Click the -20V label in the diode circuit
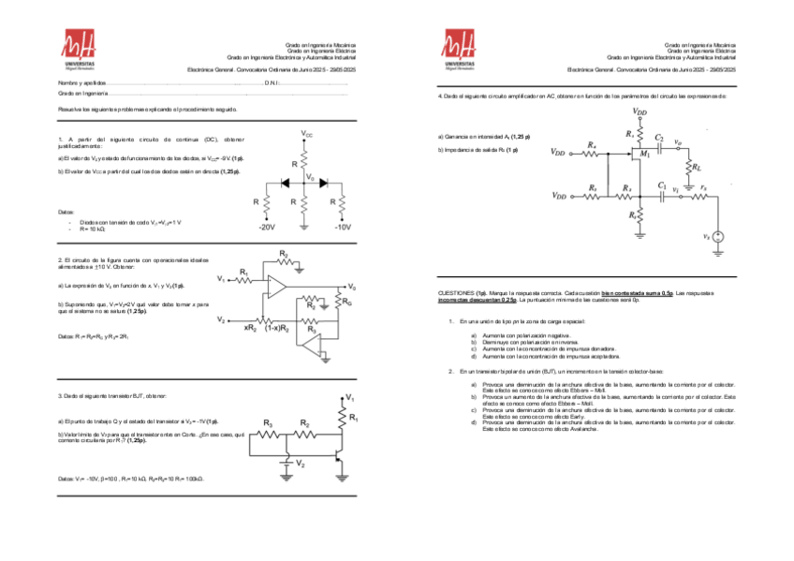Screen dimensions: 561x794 (267, 227)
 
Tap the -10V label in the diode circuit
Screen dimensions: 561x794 (342, 227)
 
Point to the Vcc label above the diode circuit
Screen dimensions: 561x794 (307, 135)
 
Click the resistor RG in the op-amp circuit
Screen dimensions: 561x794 (345, 302)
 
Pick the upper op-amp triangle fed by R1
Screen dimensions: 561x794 (278, 285)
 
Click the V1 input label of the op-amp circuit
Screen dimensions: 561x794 (221, 279)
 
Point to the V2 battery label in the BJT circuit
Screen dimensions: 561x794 (300, 464)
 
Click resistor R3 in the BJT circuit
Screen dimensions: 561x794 (268, 424)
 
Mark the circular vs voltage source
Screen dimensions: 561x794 (718, 238)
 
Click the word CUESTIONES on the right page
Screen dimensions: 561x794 (456, 293)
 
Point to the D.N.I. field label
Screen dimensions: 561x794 (272, 82)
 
